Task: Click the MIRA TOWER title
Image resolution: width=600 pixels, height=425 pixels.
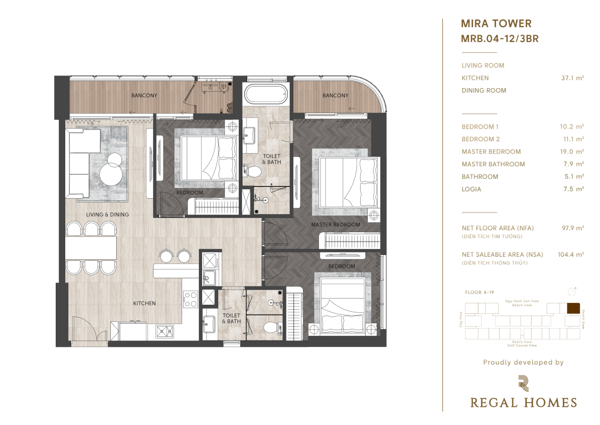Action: (496, 24)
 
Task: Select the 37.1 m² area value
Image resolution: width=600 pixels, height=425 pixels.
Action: (572, 78)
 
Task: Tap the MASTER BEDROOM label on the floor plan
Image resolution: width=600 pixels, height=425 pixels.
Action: (335, 225)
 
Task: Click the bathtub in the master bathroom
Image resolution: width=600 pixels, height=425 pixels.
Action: (265, 94)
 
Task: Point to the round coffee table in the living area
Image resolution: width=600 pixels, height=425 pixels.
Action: (111, 171)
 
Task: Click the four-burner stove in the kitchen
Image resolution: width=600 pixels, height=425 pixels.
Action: (190, 299)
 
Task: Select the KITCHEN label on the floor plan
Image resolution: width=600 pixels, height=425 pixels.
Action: (144, 303)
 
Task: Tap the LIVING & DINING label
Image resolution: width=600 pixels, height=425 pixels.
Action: (108, 215)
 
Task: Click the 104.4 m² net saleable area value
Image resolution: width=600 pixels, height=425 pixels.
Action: (570, 254)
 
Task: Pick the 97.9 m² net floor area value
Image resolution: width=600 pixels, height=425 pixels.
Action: (573, 228)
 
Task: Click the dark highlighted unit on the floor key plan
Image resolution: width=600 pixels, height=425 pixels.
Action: (573, 309)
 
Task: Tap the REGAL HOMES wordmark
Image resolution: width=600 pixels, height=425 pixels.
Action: (524, 403)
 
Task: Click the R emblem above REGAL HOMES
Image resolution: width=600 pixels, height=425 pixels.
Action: (524, 383)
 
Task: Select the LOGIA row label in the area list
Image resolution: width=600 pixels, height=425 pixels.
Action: (471, 189)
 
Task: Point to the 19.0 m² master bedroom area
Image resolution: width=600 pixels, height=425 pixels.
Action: (572, 152)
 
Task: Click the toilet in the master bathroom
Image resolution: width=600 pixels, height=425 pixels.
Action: (252, 171)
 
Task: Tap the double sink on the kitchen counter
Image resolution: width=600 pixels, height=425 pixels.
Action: (164, 331)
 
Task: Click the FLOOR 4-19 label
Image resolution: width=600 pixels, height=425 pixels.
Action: (480, 292)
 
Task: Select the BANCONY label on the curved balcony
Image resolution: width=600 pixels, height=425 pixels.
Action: (335, 96)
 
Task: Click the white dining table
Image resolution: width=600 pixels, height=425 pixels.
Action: (91, 248)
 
